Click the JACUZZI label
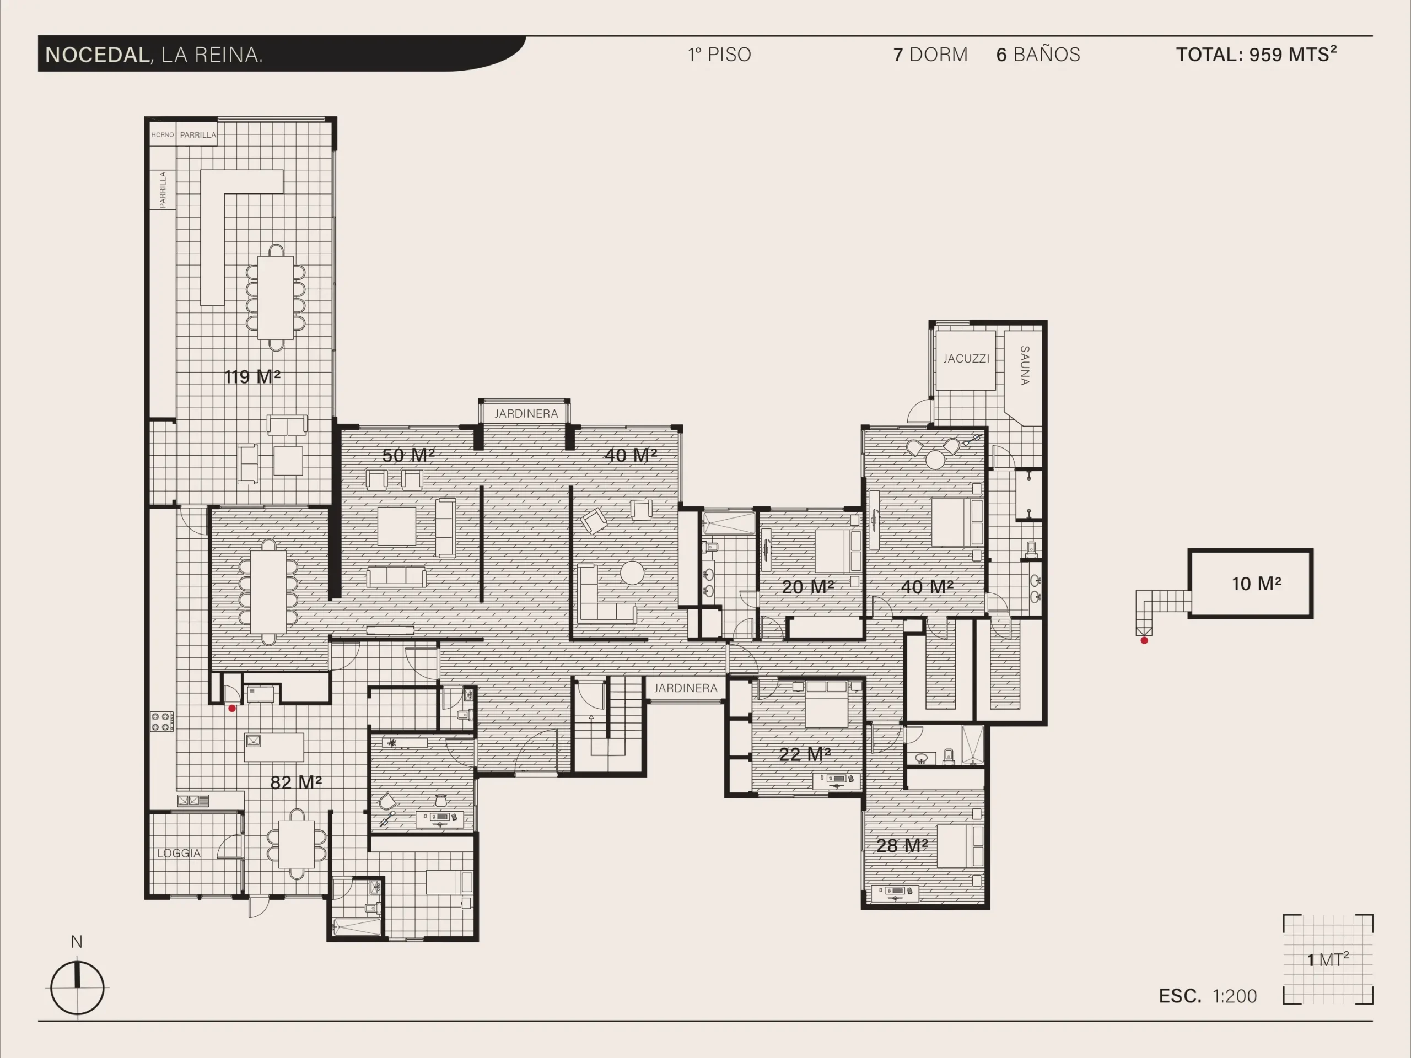point(966,358)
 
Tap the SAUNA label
point(1025,365)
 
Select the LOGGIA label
point(179,853)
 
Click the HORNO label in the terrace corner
point(162,134)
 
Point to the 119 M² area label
point(252,376)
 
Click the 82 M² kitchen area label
point(296,782)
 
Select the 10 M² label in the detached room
point(1257,584)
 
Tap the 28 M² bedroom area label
point(902,846)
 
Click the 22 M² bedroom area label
point(805,754)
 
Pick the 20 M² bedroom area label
point(808,587)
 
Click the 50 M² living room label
point(408,455)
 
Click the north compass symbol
point(77,987)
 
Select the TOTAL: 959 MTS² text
point(1257,54)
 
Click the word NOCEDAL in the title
point(98,55)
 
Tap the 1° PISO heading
point(719,55)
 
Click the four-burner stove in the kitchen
point(162,722)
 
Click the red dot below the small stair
point(1144,640)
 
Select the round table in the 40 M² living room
point(632,573)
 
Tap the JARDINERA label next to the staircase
point(686,688)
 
